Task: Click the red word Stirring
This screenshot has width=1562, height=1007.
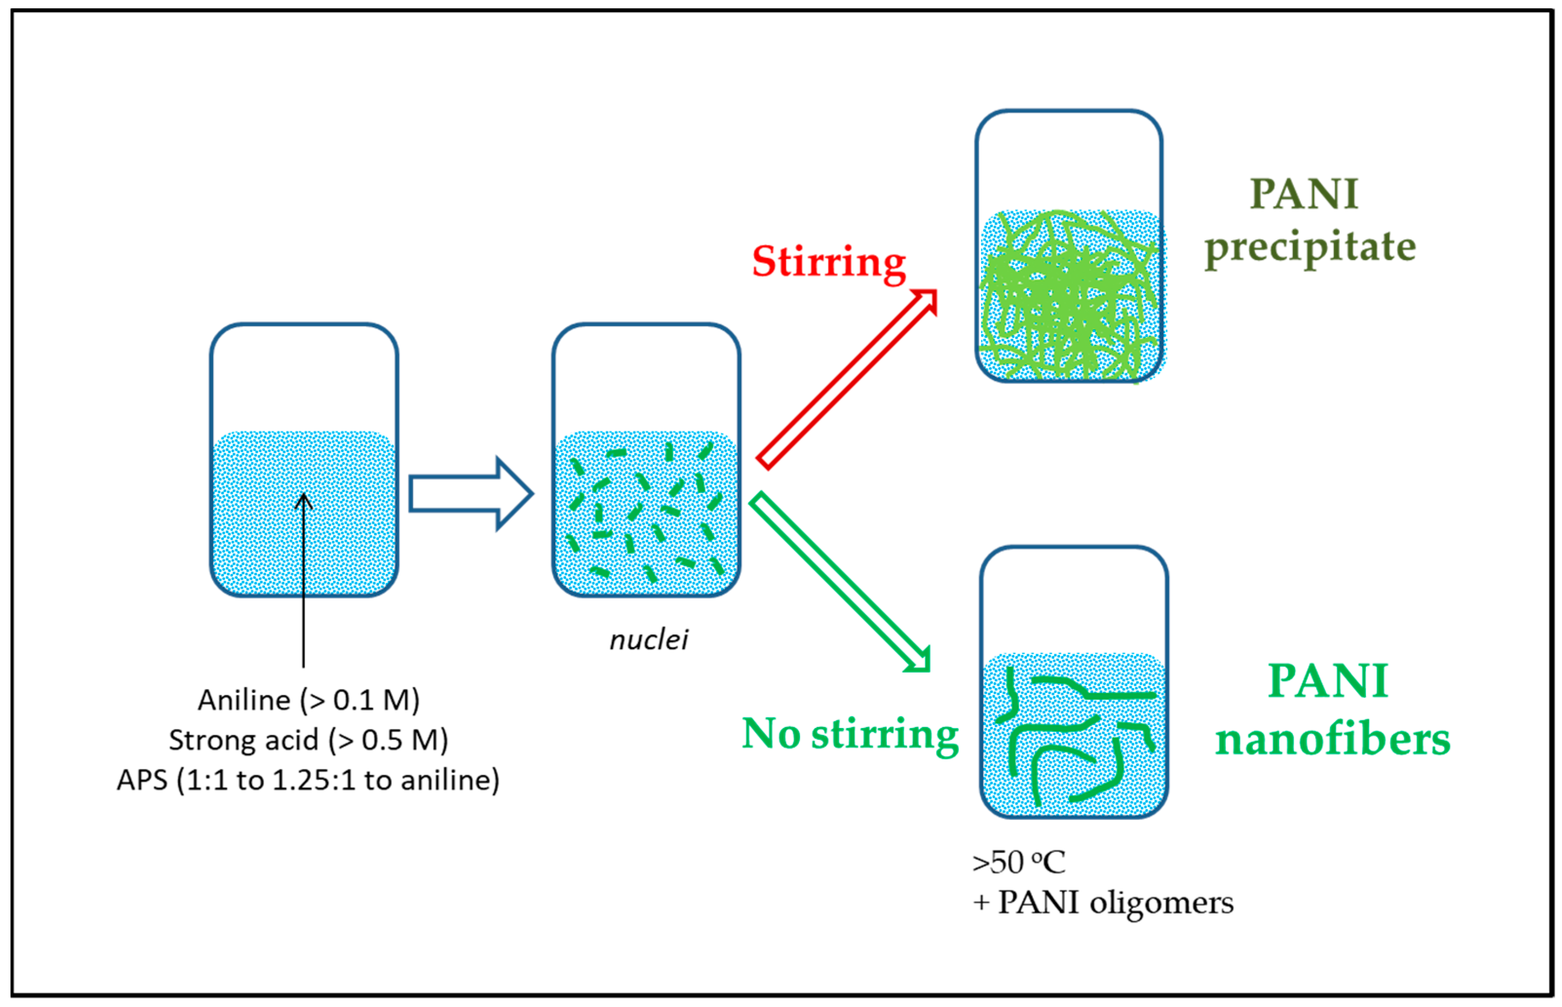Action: (828, 262)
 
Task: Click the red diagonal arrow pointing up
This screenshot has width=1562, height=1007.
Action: (848, 379)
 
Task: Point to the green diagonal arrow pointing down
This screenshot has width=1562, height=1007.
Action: (840, 582)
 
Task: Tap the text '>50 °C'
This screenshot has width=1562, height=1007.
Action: (1018, 862)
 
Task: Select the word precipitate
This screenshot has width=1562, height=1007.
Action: (1310, 247)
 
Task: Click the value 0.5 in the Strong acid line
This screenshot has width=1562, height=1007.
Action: (382, 740)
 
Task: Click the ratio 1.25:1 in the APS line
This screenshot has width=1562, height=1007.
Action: (313, 780)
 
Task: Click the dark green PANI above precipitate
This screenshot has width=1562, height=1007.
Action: (1304, 194)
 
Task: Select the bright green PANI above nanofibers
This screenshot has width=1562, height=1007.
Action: (1328, 681)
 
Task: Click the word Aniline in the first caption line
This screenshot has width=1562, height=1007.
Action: (244, 700)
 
